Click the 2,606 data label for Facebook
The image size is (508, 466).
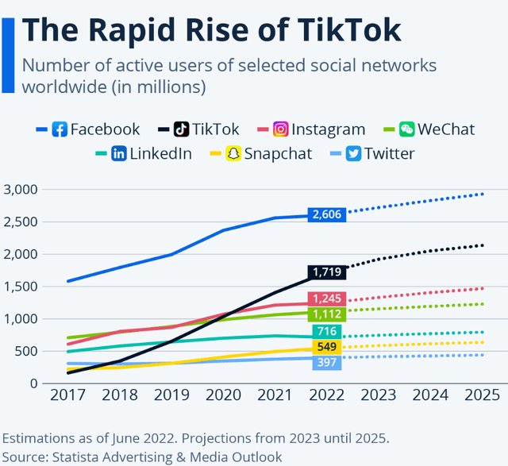[326, 214]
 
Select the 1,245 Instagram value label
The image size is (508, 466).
[326, 298]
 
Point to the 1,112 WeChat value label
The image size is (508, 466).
[326, 314]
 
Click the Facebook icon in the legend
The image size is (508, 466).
[59, 129]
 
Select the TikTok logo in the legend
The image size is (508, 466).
[182, 129]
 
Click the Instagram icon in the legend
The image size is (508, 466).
[281, 129]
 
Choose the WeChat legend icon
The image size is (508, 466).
[407, 129]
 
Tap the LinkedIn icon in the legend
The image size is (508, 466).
[119, 153]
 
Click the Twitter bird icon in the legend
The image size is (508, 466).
[353, 153]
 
